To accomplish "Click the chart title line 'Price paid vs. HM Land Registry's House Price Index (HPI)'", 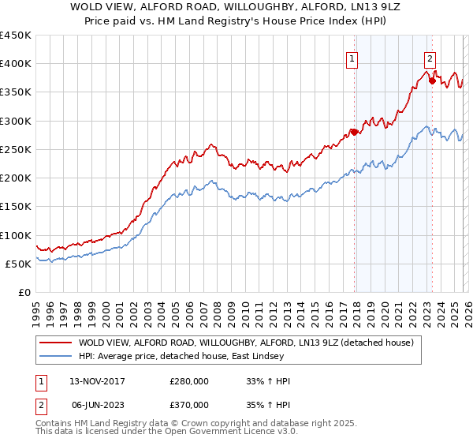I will coord(236,22).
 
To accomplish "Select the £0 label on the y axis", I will coord(25,292).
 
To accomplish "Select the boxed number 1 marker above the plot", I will coord(351,58).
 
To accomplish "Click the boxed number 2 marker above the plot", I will coord(430,58).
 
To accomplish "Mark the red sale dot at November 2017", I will coord(354,132).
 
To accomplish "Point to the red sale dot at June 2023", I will coord(432,81).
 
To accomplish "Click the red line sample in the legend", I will coord(55,343).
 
